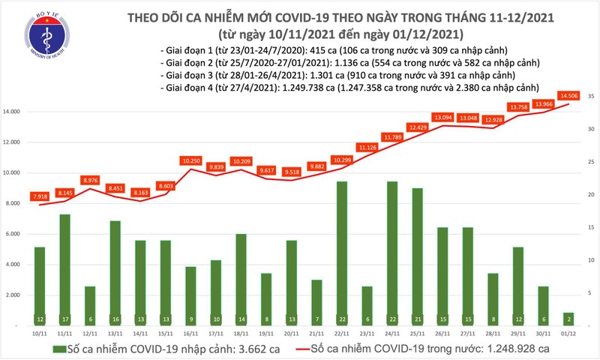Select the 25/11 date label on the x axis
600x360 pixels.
point(418,334)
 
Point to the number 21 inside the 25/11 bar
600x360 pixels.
point(418,319)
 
